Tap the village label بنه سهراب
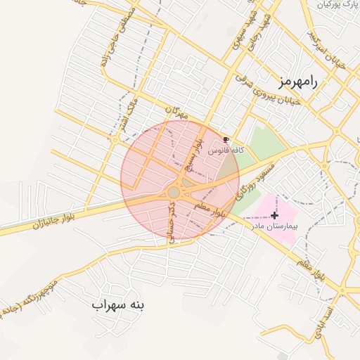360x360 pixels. (x=117, y=305)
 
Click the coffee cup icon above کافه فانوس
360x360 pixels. (x=226, y=140)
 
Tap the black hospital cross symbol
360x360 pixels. (x=274, y=214)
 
